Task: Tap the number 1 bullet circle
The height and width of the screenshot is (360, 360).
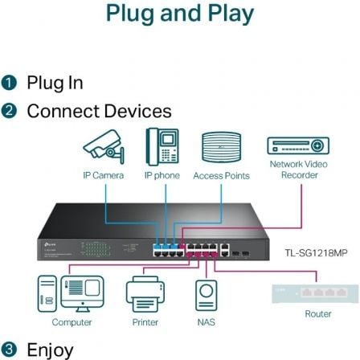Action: point(10,84)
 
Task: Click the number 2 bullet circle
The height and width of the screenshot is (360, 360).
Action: point(10,111)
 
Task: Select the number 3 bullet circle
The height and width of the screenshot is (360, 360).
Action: point(10,349)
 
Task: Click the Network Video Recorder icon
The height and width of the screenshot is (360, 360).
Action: point(297,145)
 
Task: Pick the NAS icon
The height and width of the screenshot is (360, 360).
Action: point(207,295)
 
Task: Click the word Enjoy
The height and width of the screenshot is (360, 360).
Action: point(51,349)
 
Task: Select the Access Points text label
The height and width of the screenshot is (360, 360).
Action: point(221,175)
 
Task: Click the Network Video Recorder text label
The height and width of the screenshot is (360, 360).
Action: point(298,170)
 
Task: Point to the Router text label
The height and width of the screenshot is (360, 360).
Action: point(319,314)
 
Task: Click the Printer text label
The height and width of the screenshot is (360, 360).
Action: point(145,322)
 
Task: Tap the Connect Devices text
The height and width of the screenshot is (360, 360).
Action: point(99,111)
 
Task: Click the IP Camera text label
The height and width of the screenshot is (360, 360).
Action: point(103,175)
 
